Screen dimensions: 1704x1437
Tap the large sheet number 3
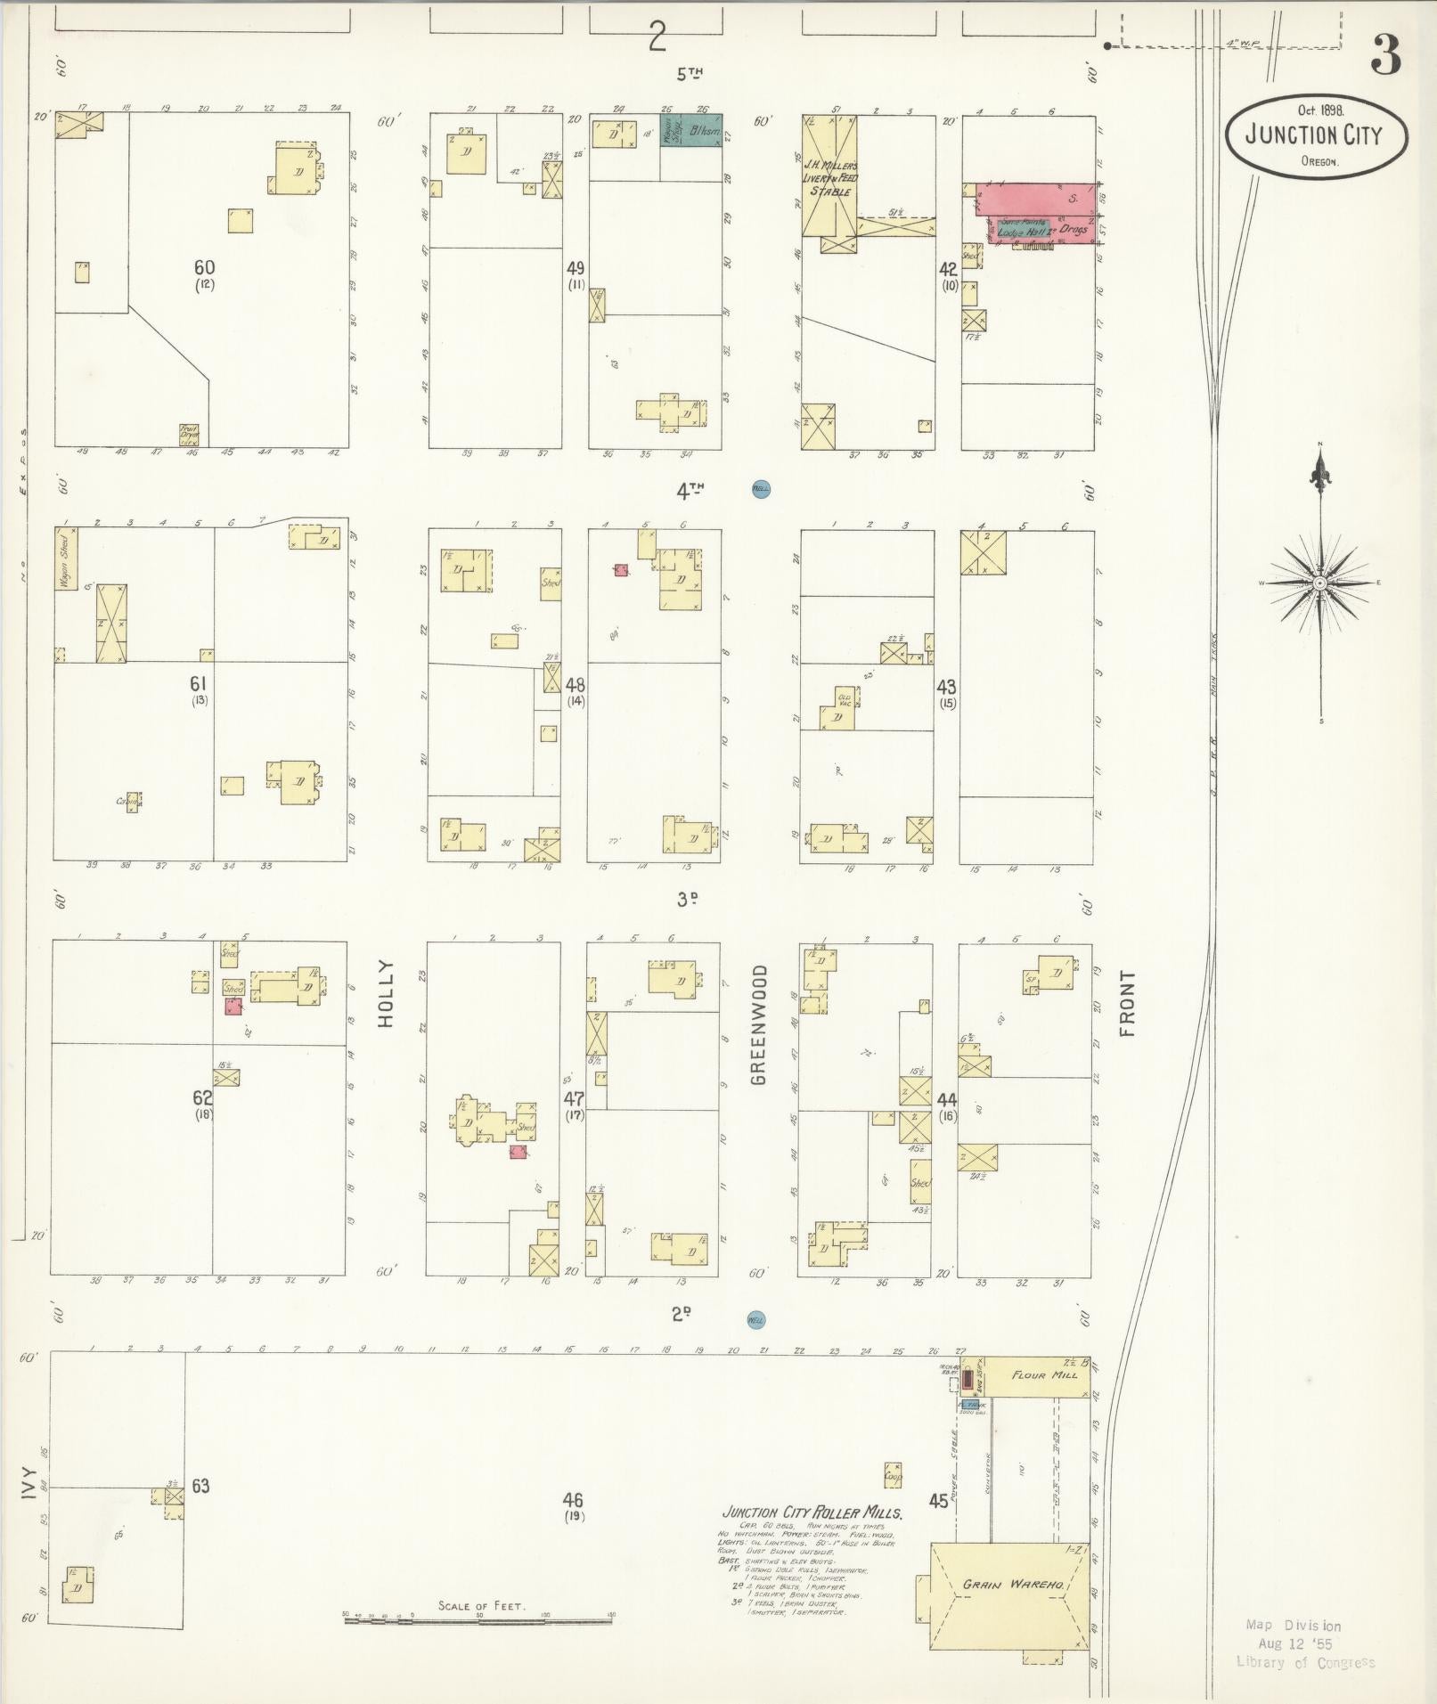pyautogui.click(x=1385, y=55)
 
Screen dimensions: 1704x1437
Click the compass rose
pyautogui.click(x=1320, y=583)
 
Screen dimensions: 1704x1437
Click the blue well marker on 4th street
pyautogui.click(x=761, y=488)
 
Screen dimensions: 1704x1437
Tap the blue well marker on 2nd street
pyautogui.click(x=756, y=1320)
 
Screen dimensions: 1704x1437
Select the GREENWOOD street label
pyautogui.click(x=758, y=1023)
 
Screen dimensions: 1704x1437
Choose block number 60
pyautogui.click(x=204, y=267)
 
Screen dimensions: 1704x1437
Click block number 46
pyautogui.click(x=573, y=1501)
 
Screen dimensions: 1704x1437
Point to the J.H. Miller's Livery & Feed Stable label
pyautogui.click(x=830, y=178)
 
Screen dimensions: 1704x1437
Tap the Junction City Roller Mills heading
pyautogui.click(x=812, y=1513)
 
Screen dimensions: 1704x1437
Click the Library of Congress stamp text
pyautogui.click(x=1305, y=1662)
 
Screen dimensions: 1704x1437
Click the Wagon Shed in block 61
pyautogui.click(x=65, y=558)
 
